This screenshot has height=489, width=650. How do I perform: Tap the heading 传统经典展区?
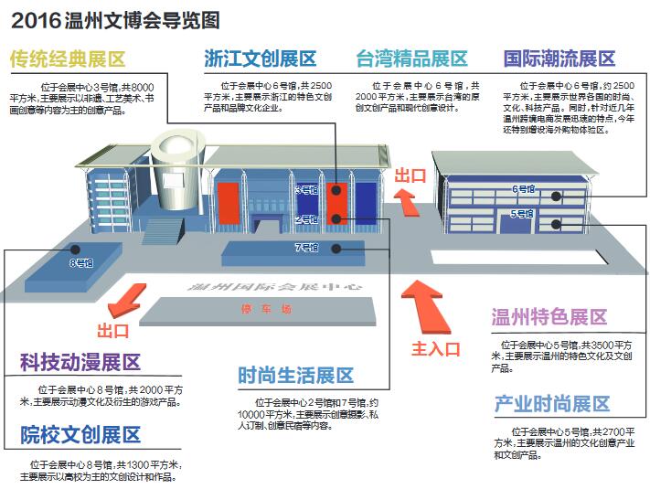coord(68,60)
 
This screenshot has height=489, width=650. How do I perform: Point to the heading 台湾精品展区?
coord(411,60)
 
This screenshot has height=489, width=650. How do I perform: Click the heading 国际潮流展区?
coord(559,60)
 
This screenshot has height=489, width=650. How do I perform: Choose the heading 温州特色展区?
coord(549,318)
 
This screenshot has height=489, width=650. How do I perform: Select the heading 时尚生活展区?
coord(295,376)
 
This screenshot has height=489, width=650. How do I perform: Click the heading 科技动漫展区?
coord(80,363)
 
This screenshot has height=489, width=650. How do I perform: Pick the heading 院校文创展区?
coord(80,433)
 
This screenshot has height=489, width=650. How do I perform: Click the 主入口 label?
coord(432,347)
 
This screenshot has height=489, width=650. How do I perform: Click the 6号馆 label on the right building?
coord(523,189)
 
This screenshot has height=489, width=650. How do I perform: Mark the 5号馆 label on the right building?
coord(522,214)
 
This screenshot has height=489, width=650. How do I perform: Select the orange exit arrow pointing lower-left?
coord(123,300)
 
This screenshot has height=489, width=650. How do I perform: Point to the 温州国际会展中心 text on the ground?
coord(274,288)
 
